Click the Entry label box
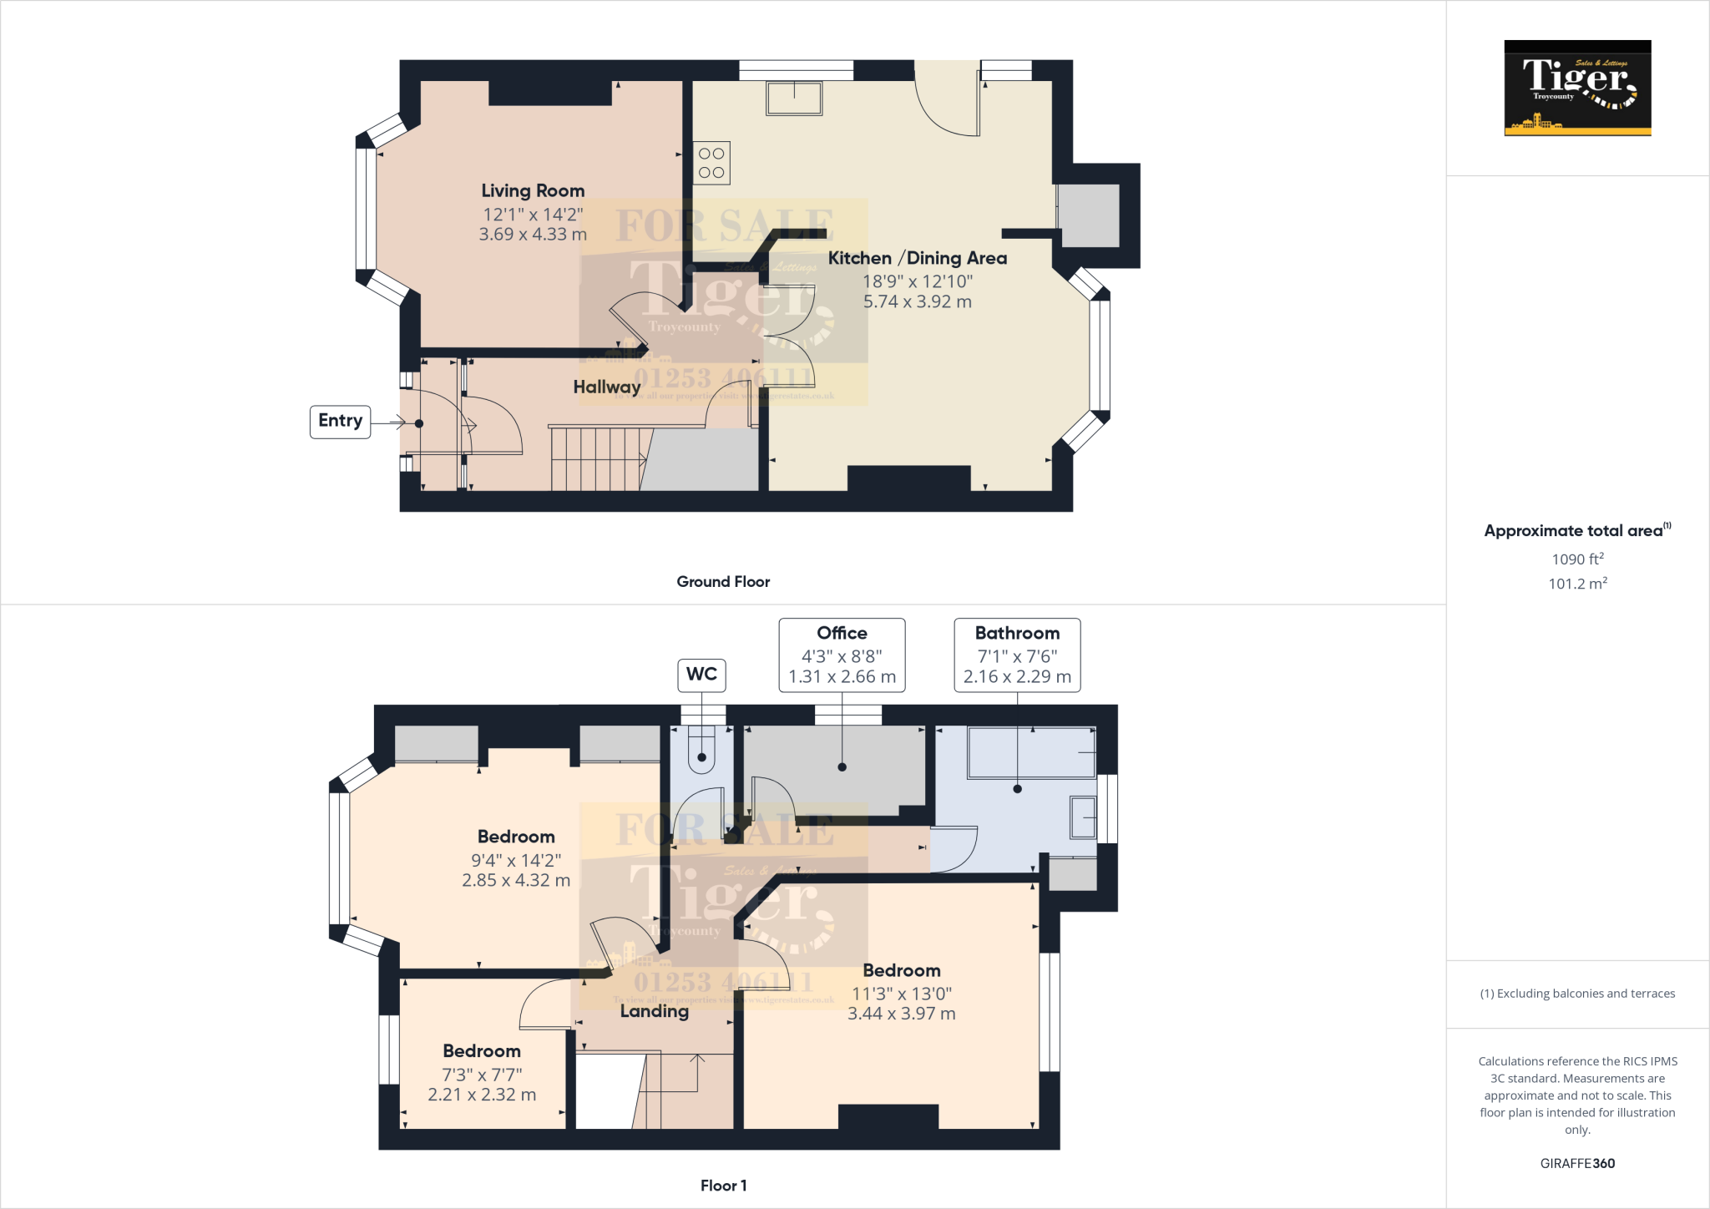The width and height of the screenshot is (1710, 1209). pyautogui.click(x=340, y=421)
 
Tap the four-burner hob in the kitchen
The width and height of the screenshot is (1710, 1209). pyautogui.click(x=711, y=163)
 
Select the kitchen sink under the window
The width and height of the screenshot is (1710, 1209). pyautogui.click(x=794, y=99)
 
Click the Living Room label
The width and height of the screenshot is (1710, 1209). pyautogui.click(x=533, y=191)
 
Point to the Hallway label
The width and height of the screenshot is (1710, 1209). pyautogui.click(x=607, y=387)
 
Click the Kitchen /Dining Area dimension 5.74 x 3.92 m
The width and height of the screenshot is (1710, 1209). pyautogui.click(x=917, y=302)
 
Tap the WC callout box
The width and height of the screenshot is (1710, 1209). pyautogui.click(x=701, y=675)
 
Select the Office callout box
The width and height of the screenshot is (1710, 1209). pyautogui.click(x=842, y=655)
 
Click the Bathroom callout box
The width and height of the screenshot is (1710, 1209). pyautogui.click(x=1017, y=655)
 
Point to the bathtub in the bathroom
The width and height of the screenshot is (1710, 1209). pyautogui.click(x=1032, y=752)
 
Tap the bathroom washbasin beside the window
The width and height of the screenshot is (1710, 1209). pyautogui.click(x=1083, y=817)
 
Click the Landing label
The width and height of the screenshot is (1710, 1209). pyautogui.click(x=655, y=1011)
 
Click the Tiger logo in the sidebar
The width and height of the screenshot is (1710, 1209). pyautogui.click(x=1577, y=88)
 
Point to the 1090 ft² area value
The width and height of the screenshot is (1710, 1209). pyautogui.click(x=1577, y=559)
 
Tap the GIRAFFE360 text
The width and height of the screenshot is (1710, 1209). pyautogui.click(x=1577, y=1163)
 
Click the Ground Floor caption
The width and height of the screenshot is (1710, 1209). pyautogui.click(x=723, y=582)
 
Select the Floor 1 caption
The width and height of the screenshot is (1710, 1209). pyautogui.click(x=723, y=1186)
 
